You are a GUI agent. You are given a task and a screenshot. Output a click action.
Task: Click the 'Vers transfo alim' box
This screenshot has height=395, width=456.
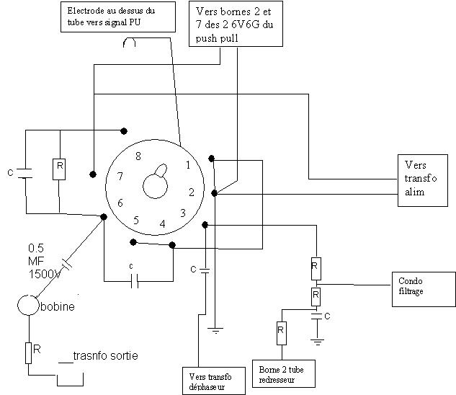[423, 180]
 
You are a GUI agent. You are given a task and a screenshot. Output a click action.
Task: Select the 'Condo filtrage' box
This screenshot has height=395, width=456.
[424, 289]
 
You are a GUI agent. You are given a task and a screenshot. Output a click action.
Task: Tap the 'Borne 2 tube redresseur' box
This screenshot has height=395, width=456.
[284, 374]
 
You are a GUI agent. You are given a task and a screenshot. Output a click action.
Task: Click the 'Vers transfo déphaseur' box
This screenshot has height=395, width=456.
[214, 381]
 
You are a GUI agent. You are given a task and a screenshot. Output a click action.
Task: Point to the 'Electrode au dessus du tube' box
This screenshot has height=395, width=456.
[118, 17]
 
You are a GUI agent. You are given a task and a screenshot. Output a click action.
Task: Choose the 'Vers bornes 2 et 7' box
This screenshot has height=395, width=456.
[236, 24]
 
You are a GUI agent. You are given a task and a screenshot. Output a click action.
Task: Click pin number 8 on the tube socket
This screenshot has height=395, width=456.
[138, 156]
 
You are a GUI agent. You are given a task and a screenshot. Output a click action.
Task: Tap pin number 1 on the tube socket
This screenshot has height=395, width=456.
[188, 165]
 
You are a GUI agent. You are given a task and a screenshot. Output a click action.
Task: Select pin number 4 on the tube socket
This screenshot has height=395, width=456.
[162, 223]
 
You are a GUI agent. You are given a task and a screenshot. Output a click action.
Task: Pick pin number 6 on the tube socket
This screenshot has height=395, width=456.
[120, 203]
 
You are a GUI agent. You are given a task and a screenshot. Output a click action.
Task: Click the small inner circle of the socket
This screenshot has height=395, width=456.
[155, 186]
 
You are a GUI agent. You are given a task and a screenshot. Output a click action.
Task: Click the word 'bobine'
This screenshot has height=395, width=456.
[58, 306]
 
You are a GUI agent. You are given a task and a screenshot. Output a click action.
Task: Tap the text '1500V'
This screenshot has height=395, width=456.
[45, 274]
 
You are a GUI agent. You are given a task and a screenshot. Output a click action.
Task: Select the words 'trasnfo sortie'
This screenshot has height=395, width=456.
[106, 355]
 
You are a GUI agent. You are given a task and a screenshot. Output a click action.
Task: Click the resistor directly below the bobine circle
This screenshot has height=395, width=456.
[28, 353]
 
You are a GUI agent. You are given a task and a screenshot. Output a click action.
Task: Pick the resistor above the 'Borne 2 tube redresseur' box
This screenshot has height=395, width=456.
[281, 333]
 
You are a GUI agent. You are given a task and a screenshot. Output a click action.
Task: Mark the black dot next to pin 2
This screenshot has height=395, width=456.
[215, 193]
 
